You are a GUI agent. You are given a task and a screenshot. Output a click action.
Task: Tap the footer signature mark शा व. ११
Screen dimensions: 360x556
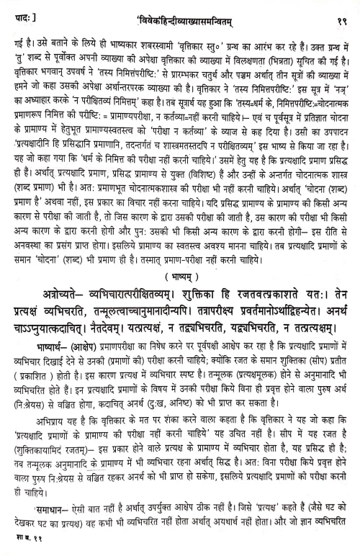pos(21,550)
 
